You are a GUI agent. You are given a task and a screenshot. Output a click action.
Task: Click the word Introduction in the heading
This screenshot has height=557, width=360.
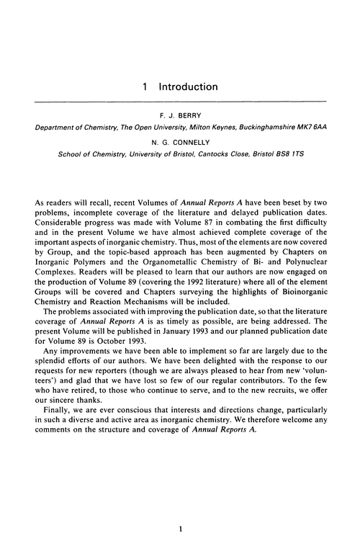click(189, 87)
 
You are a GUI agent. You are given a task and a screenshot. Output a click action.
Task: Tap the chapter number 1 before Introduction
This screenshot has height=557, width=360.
click(145, 87)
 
